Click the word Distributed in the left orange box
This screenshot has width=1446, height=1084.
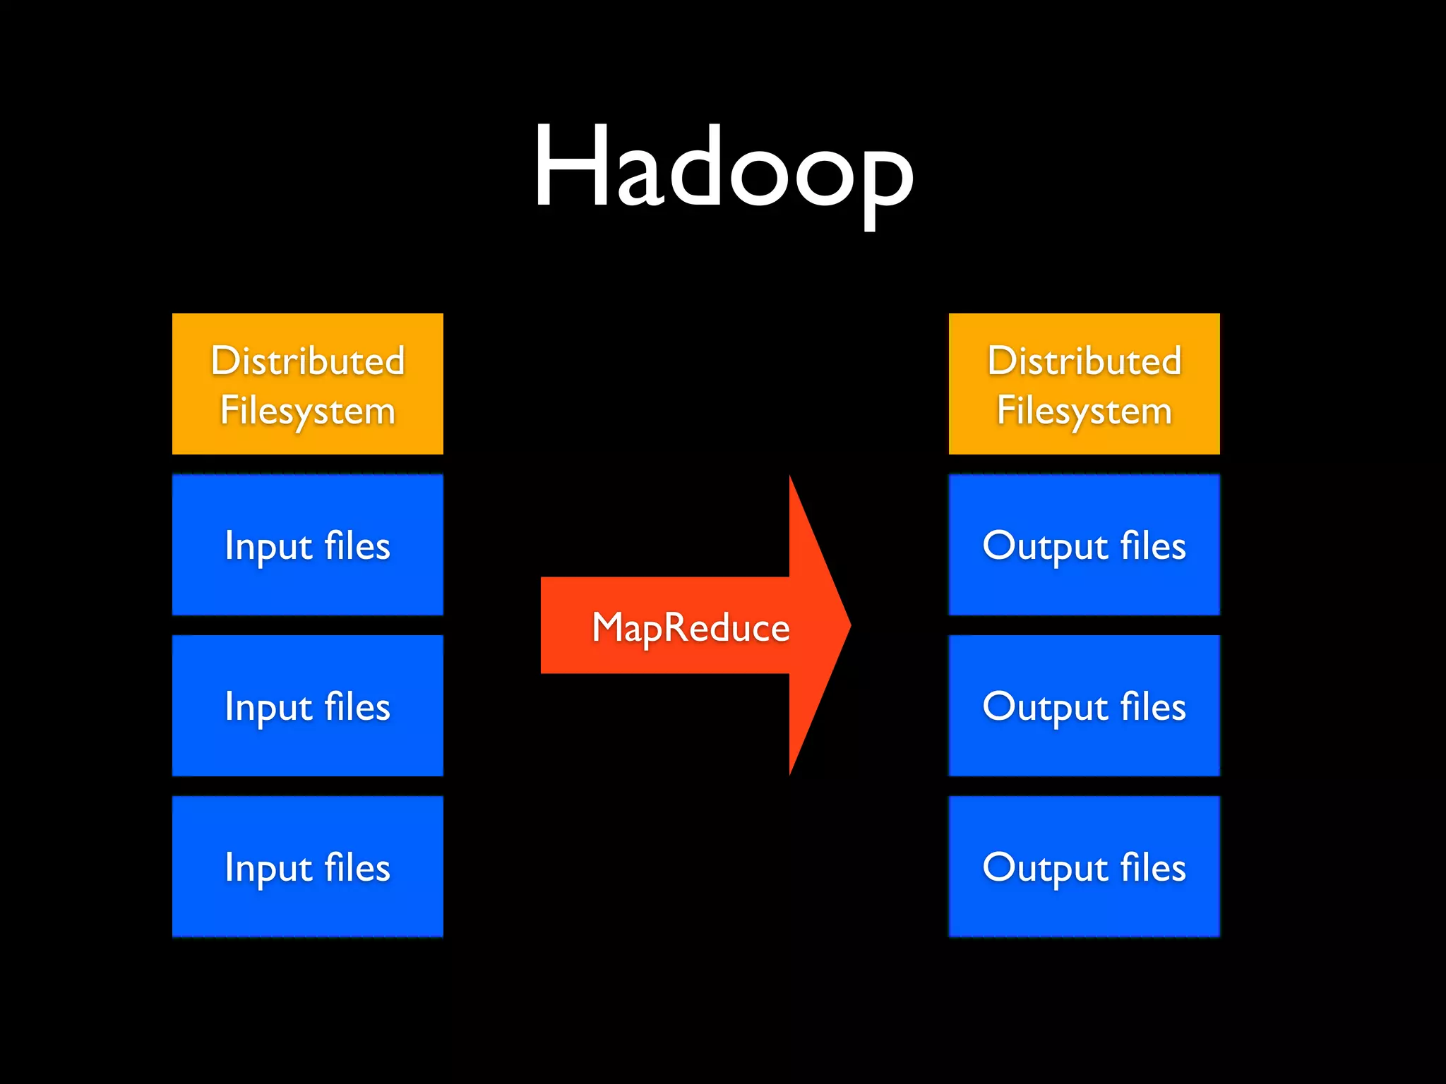click(x=308, y=361)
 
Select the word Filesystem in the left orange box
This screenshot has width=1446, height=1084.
click(x=308, y=411)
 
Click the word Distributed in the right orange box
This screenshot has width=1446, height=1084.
click(x=1084, y=361)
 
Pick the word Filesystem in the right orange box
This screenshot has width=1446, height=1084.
click(x=1084, y=411)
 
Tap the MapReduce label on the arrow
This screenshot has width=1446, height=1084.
click(x=691, y=627)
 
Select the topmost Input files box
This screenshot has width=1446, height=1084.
click(x=308, y=545)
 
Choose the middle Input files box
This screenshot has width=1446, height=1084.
click(x=308, y=706)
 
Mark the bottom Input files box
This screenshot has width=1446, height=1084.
click(x=308, y=867)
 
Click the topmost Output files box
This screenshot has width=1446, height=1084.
click(x=1084, y=545)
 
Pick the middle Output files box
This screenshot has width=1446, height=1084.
click(x=1084, y=706)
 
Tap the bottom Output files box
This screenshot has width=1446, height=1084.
click(x=1084, y=867)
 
